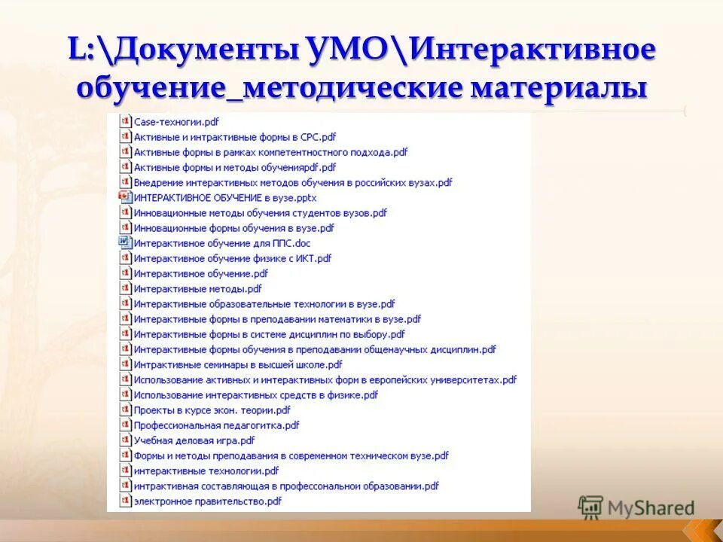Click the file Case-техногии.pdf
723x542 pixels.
tap(175, 121)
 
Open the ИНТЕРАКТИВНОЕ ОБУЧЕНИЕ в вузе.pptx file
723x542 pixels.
tap(224, 197)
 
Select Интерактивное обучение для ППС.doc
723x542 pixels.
tap(221, 243)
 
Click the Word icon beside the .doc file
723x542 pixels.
tap(125, 242)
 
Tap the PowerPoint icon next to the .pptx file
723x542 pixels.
tap(125, 197)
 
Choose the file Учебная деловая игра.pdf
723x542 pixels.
tap(194, 440)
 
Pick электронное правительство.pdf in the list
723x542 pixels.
tap(207, 501)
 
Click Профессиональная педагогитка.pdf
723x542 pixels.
tap(216, 425)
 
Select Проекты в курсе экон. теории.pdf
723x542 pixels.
tap(212, 410)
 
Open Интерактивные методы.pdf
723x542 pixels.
tap(197, 288)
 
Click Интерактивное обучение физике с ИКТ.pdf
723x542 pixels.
tap(232, 258)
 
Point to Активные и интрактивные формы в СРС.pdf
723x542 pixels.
tap(234, 137)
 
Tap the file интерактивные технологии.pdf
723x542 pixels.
tap(206, 470)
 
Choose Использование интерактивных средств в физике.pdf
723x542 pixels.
tap(255, 394)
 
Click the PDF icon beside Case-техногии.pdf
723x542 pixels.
tap(125, 121)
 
